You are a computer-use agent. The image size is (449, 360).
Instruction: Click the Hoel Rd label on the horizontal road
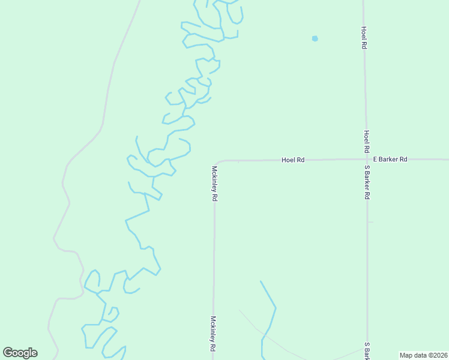coord(294,160)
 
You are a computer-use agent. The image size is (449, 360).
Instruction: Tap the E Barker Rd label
coord(390,160)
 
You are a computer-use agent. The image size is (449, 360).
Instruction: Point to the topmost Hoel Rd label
coord(364,37)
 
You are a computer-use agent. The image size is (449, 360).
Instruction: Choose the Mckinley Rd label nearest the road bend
coord(214,184)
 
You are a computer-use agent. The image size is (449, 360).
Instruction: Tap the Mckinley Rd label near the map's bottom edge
coord(213,334)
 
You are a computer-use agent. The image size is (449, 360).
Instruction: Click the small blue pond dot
coord(315,38)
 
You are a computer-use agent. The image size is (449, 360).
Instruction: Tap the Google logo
coord(20,353)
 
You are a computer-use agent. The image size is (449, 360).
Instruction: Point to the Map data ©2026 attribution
coord(423,355)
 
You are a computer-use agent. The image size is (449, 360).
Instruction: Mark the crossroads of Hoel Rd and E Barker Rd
coord(366,160)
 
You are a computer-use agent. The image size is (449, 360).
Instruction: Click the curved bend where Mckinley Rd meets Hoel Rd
coord(217,163)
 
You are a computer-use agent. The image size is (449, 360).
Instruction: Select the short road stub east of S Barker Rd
coord(370,222)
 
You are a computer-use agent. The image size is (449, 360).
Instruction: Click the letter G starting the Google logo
coord(8,353)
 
